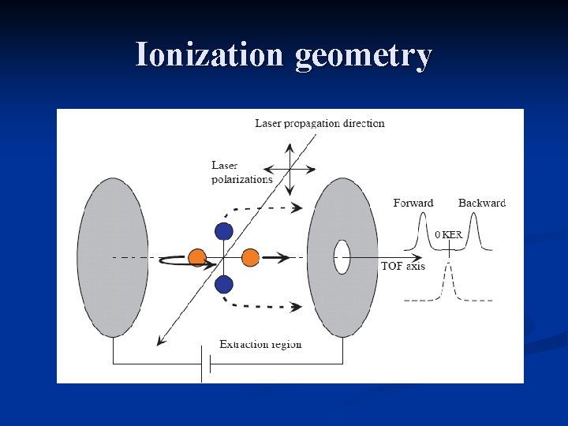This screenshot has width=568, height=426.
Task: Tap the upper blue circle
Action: [x=224, y=230]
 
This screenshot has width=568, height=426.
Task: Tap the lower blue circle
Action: [x=224, y=284]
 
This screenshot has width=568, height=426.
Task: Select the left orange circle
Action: [x=197, y=257]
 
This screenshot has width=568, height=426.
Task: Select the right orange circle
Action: [x=250, y=257]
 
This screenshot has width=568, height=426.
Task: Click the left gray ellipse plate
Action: [x=113, y=257]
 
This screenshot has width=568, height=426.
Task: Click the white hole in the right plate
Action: [x=342, y=257]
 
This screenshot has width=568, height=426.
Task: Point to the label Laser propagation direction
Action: [x=319, y=123]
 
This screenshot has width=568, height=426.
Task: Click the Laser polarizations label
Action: [x=241, y=172]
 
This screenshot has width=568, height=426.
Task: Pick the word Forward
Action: [x=413, y=203]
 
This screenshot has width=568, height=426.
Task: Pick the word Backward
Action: [x=482, y=203]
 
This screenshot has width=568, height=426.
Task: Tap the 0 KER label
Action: [x=449, y=234]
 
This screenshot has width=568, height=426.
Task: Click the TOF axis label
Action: [x=402, y=267]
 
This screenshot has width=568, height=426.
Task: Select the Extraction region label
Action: [x=260, y=344]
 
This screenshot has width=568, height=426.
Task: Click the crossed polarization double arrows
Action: [x=290, y=169]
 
